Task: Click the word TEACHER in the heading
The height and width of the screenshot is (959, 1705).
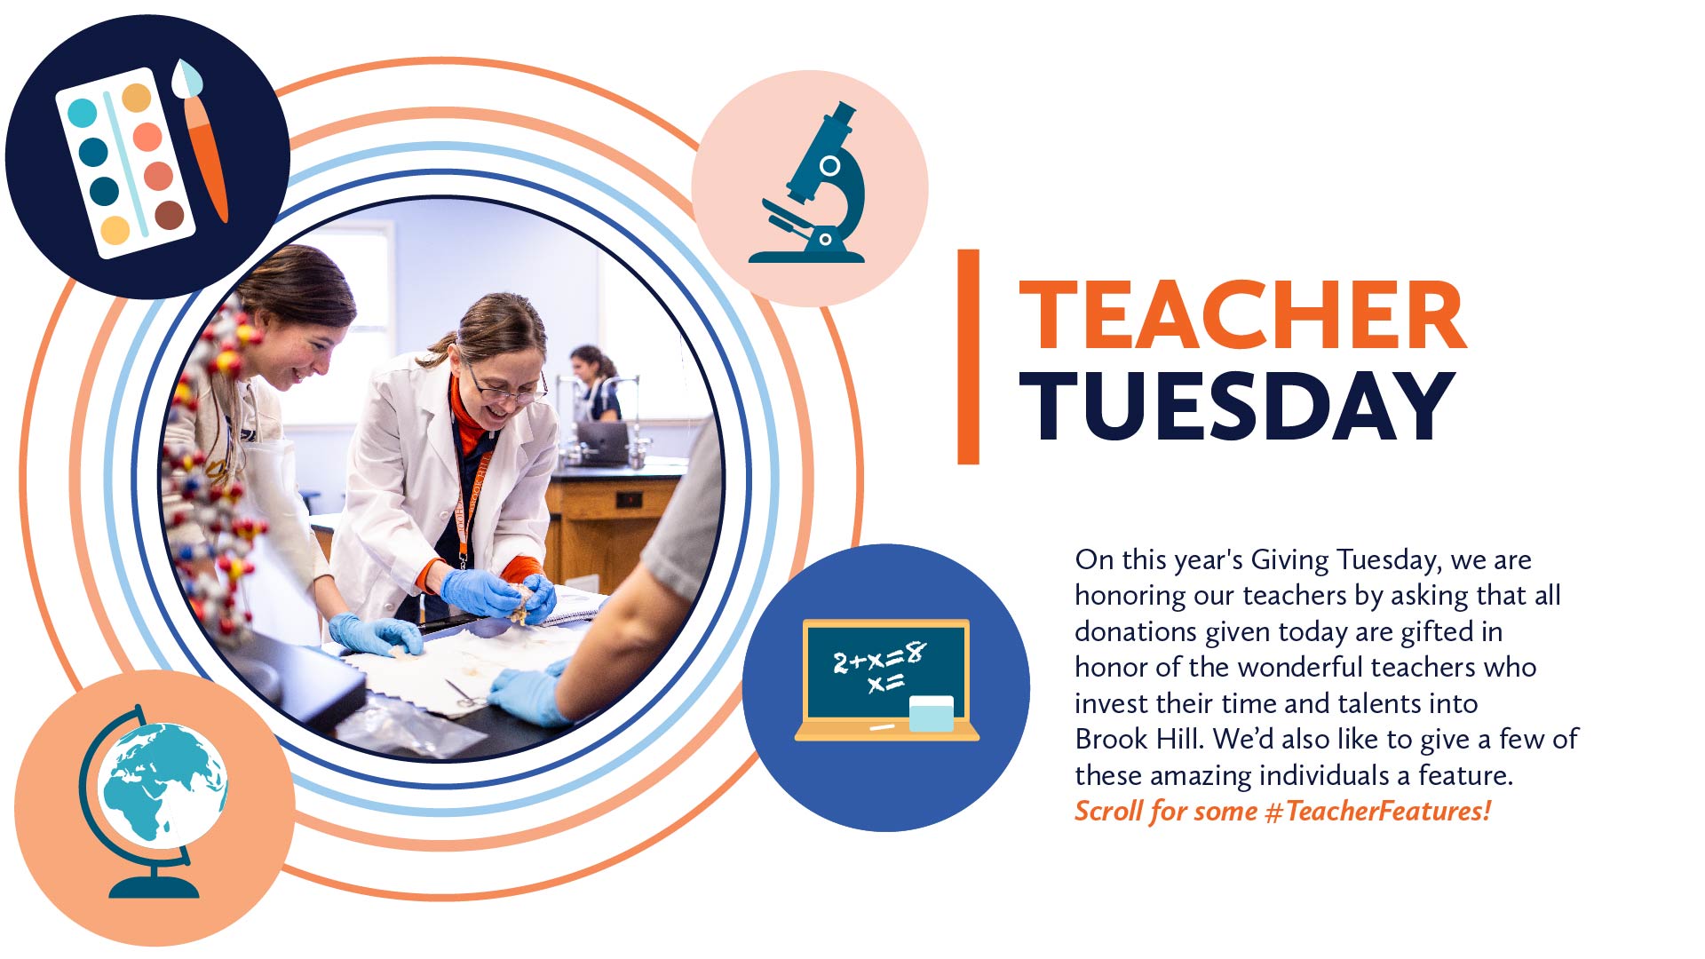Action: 1242,315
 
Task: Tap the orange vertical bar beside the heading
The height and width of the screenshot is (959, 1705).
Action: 968,357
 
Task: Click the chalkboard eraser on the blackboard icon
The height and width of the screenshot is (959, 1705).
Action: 932,714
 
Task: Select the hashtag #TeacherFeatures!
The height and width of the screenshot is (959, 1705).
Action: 1377,812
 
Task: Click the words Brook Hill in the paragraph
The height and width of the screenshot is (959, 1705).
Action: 1137,739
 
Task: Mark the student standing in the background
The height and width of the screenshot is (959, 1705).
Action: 596,384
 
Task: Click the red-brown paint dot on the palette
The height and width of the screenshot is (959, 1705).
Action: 169,215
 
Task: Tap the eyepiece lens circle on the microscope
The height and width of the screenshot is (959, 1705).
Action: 830,166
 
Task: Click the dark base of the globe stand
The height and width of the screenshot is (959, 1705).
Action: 154,886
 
